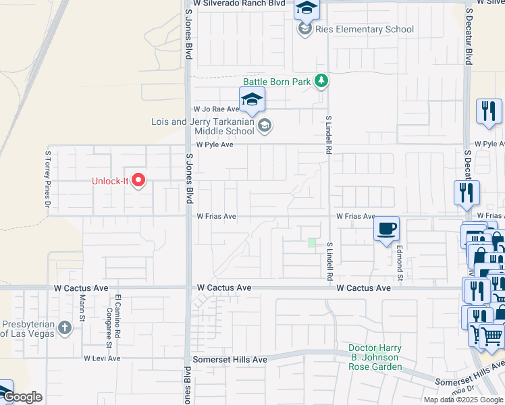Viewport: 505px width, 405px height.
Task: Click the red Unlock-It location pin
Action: [139, 180]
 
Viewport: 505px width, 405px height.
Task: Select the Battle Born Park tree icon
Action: [322, 82]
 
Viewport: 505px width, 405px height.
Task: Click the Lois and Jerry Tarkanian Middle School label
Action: [202, 126]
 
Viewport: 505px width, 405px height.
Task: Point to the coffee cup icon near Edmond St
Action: [386, 228]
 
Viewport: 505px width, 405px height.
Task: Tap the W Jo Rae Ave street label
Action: [216, 109]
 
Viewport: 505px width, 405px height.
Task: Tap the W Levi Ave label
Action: [101, 358]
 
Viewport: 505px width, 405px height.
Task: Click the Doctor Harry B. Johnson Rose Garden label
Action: [375, 358]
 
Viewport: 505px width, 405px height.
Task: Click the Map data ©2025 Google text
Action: [462, 400]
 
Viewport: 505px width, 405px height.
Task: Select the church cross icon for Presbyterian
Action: [64, 327]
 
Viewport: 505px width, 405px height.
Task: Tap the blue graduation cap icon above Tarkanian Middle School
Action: [252, 99]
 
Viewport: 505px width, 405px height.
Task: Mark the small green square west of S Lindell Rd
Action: [311, 242]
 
